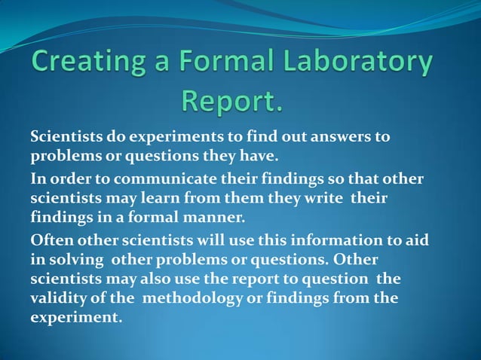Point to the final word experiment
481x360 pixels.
click(x=75, y=318)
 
